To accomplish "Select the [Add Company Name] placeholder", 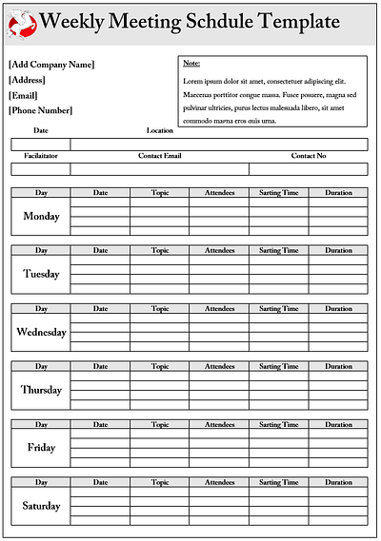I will pyautogui.click(x=51, y=65).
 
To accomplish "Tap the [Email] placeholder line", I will pyautogui.click(x=23, y=95).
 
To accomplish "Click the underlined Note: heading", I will pyautogui.click(x=190, y=64).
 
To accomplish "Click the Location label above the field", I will pyautogui.click(x=160, y=130).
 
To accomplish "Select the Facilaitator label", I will pyautogui.click(x=41, y=155).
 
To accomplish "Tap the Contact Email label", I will pyautogui.click(x=160, y=155).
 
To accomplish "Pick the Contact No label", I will pyautogui.click(x=309, y=155).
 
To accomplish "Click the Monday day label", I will pyautogui.click(x=41, y=217).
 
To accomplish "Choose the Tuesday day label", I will pyautogui.click(x=41, y=275).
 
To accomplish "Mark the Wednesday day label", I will pyautogui.click(x=41, y=333).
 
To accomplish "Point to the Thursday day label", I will pyautogui.click(x=41, y=390).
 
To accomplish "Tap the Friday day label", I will pyautogui.click(x=41, y=448).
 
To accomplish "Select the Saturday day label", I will pyautogui.click(x=41, y=506).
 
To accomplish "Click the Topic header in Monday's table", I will pyautogui.click(x=160, y=193).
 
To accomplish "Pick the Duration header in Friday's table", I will pyautogui.click(x=338, y=424).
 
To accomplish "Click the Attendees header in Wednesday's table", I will pyautogui.click(x=219, y=309).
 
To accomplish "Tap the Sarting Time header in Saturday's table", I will pyautogui.click(x=279, y=482).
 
